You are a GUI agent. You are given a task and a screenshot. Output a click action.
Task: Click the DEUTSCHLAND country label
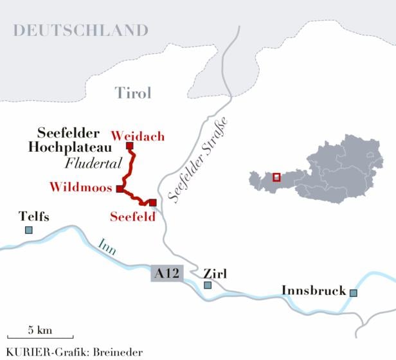81,30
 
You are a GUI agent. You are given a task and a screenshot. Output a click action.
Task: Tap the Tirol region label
133,93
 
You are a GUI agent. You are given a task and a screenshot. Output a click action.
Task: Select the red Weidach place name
138,136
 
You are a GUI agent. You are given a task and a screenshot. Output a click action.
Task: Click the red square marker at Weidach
129,146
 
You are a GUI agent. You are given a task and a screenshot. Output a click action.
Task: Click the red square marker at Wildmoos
120,188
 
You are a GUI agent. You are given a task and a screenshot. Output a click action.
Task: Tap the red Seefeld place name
133,217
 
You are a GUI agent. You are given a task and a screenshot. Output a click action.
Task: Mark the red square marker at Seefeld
152,203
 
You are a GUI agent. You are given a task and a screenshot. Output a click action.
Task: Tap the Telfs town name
34,217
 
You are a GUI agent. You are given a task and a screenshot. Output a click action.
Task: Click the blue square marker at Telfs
28,230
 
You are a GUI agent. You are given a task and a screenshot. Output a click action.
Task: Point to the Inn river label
107,248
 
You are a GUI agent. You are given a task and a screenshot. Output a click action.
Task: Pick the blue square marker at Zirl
207,285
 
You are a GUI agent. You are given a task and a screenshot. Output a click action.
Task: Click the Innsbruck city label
314,291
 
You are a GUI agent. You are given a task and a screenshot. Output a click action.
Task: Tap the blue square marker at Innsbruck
353,292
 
